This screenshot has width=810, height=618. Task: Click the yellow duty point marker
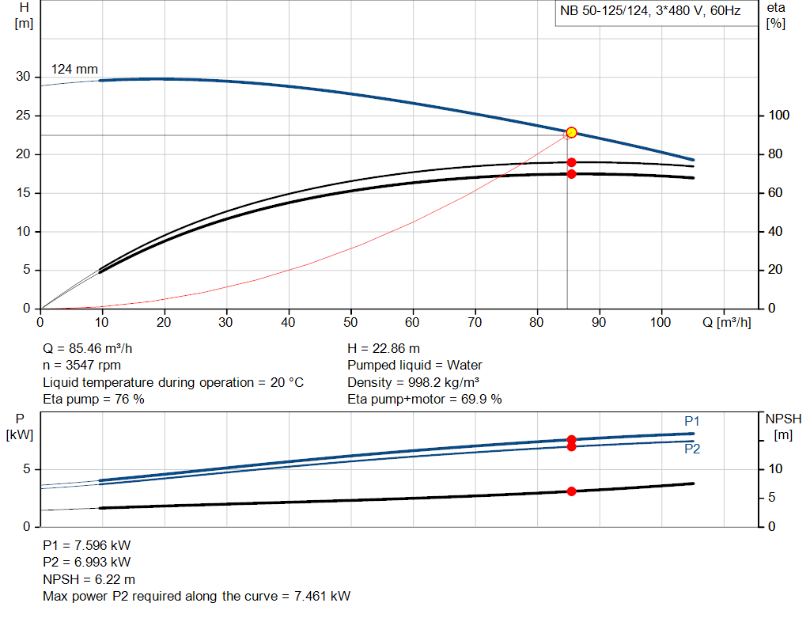(x=571, y=132)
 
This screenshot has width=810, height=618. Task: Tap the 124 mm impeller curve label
(x=74, y=70)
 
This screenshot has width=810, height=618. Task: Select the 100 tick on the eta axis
(x=779, y=116)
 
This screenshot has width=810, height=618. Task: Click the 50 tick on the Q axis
(x=350, y=323)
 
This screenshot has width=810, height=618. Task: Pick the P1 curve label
(x=692, y=421)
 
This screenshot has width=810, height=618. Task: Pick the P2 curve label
(x=692, y=449)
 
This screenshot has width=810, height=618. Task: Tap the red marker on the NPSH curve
(x=571, y=491)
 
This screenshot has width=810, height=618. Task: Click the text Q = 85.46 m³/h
(x=93, y=348)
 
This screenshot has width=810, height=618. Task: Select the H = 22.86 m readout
(x=384, y=348)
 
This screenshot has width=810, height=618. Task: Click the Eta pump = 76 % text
(x=93, y=399)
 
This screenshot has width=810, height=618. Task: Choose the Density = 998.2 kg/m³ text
(x=414, y=382)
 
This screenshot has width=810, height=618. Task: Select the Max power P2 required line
(x=196, y=596)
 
